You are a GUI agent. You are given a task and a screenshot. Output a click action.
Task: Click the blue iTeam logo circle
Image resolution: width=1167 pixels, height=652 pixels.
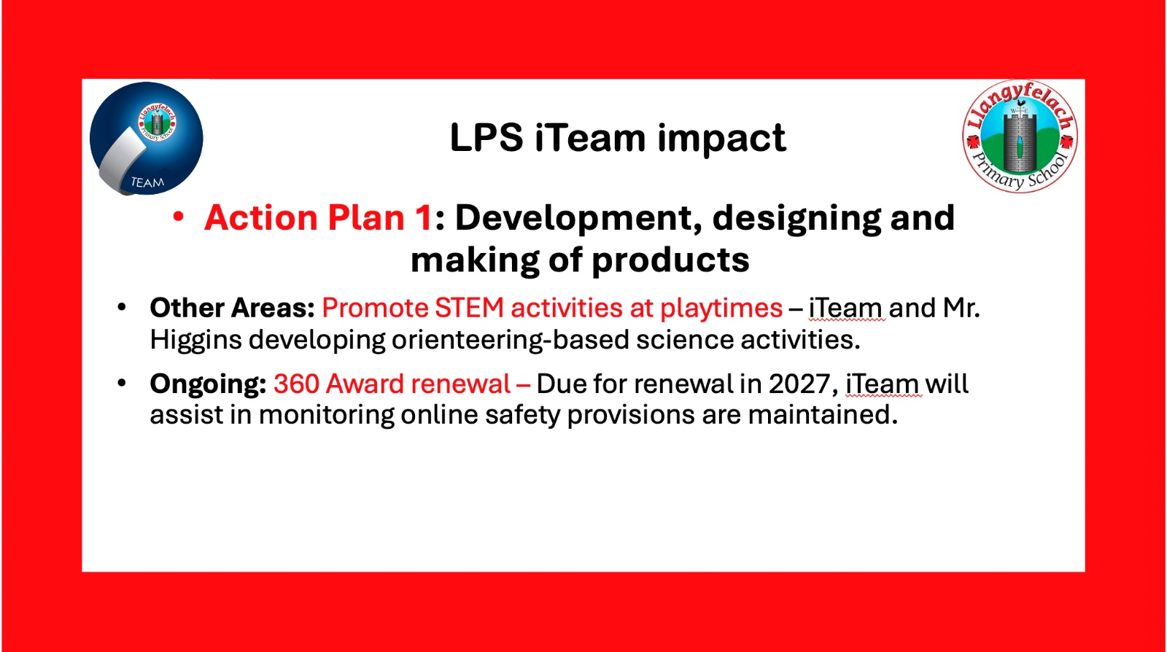click(147, 139)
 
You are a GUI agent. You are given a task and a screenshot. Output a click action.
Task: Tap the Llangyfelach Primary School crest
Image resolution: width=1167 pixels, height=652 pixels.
click(1020, 137)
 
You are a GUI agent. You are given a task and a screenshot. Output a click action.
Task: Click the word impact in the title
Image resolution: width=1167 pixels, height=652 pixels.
click(721, 138)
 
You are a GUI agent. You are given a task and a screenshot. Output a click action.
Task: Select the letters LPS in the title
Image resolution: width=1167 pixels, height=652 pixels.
click(486, 138)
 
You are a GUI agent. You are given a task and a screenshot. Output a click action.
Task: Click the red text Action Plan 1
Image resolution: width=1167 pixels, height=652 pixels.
click(318, 217)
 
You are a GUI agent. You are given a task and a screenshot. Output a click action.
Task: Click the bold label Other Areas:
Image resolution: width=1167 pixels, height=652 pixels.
click(233, 308)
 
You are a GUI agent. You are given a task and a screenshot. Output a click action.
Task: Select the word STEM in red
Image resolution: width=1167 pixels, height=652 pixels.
click(469, 308)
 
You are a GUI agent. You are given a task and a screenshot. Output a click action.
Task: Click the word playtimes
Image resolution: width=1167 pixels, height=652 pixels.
click(721, 308)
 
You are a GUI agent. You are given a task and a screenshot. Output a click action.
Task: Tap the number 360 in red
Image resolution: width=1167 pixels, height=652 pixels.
click(296, 384)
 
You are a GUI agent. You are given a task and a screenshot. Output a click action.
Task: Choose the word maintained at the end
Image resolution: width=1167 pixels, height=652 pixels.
click(823, 415)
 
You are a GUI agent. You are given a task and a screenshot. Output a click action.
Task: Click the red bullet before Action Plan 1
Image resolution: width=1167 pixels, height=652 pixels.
click(178, 217)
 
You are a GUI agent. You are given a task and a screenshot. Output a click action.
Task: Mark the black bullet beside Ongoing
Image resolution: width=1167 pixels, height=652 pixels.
click(122, 384)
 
